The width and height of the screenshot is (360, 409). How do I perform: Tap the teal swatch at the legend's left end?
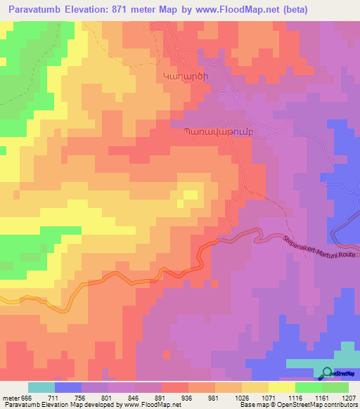point(41,387)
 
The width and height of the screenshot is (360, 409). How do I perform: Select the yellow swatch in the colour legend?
point(282,387)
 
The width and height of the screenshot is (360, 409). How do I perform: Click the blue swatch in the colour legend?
point(68,387)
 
